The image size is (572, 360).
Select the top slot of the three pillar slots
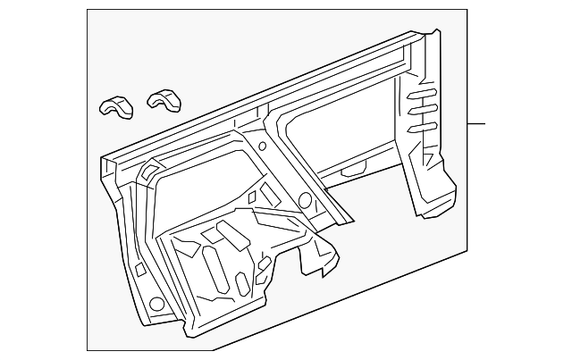tap(422, 96)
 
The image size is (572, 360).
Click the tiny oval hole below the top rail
tap(261, 145)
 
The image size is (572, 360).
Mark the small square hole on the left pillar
tap(141, 267)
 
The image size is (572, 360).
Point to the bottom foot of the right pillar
tap(430, 207)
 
